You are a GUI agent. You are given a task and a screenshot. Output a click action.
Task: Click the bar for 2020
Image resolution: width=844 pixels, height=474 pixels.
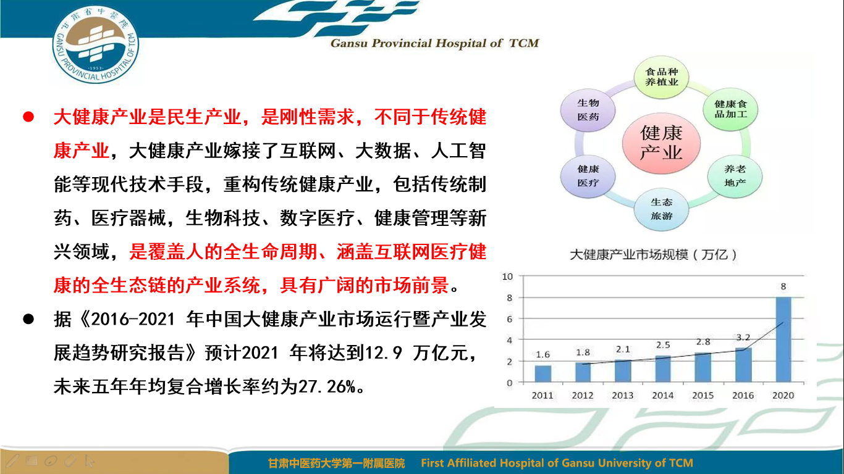(x=783, y=339)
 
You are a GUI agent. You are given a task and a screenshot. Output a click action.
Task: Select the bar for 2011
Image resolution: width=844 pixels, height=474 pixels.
(x=542, y=374)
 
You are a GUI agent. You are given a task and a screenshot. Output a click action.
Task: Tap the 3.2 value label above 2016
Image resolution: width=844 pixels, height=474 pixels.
(x=743, y=338)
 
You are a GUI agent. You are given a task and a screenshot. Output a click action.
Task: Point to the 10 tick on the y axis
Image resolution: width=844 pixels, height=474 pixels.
(x=507, y=276)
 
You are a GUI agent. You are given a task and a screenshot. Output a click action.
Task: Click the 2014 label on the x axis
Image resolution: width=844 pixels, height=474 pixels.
(x=663, y=396)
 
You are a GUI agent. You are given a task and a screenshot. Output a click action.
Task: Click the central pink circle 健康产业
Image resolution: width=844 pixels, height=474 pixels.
(x=661, y=144)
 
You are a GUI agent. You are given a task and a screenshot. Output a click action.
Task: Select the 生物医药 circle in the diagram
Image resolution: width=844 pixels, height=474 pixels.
(x=588, y=110)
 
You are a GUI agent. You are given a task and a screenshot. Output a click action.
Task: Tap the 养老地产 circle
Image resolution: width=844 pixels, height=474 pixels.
(x=735, y=176)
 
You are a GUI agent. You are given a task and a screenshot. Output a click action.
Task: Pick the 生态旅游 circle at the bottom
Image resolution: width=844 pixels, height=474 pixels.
(x=661, y=209)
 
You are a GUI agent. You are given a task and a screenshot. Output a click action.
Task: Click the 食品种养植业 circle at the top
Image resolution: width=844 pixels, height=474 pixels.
(x=662, y=77)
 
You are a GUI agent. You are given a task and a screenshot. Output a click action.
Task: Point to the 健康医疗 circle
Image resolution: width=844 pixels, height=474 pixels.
(x=588, y=176)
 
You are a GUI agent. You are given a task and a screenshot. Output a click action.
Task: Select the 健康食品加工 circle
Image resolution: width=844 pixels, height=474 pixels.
(x=730, y=109)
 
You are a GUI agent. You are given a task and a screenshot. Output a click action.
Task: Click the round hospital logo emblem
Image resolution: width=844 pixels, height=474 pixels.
(x=96, y=44)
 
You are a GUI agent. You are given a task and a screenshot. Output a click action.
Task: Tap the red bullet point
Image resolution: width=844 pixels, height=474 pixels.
(x=28, y=117)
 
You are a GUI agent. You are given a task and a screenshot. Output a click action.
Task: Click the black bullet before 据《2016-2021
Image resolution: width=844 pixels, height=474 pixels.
(x=28, y=319)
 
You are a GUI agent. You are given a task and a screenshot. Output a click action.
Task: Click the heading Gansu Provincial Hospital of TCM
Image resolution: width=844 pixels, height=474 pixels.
(x=435, y=43)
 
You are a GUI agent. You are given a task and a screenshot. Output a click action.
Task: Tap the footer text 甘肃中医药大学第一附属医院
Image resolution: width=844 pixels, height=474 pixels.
(x=337, y=463)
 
